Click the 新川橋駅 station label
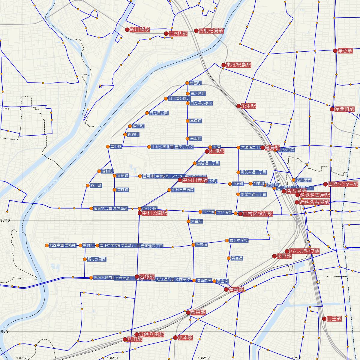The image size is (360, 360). (139, 30)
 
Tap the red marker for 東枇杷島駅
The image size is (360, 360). (223, 65)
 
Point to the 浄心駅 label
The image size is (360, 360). (345, 51)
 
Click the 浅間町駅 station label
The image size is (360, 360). (344, 109)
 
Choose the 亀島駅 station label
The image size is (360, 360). (272, 148)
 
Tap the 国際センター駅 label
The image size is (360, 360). (343, 184)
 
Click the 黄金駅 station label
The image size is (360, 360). (236, 289)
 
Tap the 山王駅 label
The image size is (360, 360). (334, 319)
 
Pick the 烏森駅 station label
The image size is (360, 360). (198, 312)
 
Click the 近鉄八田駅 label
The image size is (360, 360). (151, 334)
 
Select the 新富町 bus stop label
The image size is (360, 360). (195, 83)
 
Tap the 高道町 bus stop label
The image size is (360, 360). (195, 121)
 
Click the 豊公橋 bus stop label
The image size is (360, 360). (116, 147)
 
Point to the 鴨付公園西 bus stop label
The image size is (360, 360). (96, 259)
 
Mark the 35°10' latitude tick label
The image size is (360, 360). (5, 220)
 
